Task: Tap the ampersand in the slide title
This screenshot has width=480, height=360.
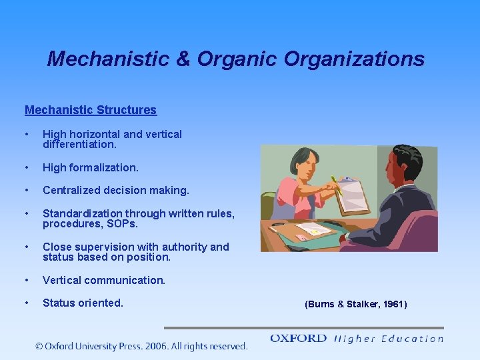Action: pos(182,59)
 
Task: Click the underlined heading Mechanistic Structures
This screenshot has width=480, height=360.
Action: pos(91,110)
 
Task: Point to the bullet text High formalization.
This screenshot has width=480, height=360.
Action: pos(91,167)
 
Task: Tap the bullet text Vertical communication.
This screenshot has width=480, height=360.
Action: pos(104,280)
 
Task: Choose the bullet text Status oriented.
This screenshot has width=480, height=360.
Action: pos(83,303)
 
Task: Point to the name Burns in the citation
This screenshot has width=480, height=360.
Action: pos(320,304)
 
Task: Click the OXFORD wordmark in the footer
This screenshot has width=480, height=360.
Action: pos(298,339)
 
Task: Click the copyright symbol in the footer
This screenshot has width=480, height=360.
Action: pos(40,346)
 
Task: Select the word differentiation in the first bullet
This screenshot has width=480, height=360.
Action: pos(79,144)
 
